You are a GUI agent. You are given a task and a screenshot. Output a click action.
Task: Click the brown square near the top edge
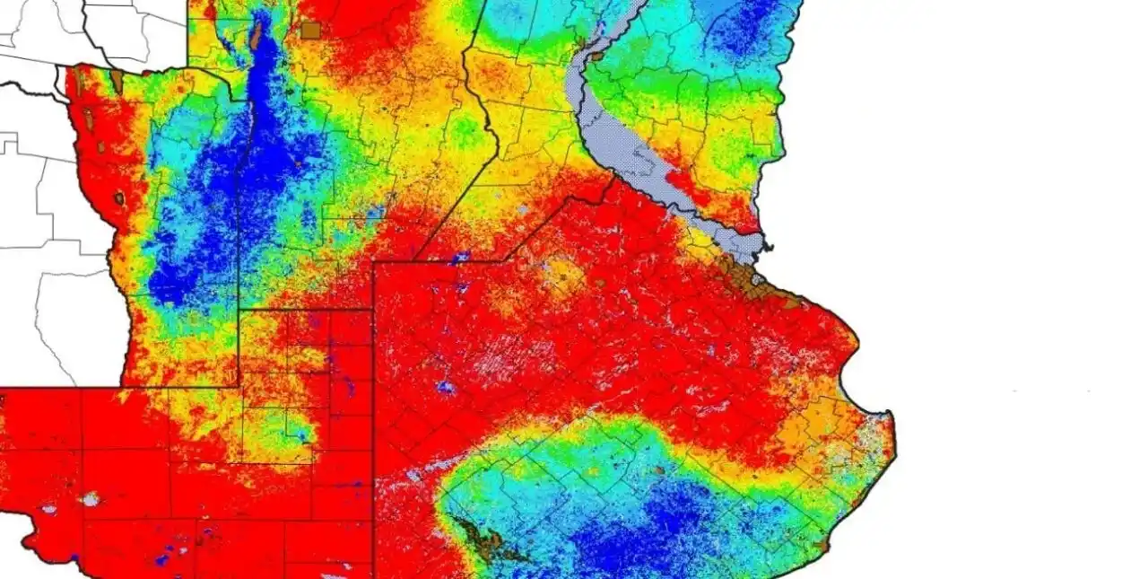(310, 31)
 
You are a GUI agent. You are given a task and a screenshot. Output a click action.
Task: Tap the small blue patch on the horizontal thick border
(461, 259)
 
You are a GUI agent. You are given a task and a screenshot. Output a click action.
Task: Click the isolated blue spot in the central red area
(444, 387)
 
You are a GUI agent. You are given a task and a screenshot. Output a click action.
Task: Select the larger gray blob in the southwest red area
(90, 498)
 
